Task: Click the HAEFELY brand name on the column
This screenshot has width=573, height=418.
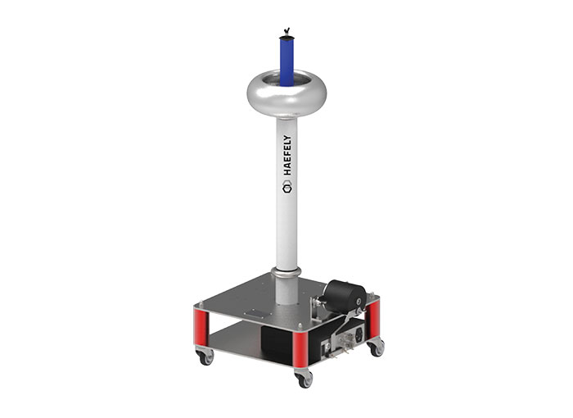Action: [287, 156]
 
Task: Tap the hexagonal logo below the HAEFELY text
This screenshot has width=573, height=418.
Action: [287, 189]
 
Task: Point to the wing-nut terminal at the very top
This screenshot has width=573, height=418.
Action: [286, 31]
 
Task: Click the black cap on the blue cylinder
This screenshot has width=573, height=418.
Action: [286, 38]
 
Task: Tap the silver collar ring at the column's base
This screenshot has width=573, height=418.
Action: [286, 273]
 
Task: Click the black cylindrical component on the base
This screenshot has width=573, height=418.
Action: [345, 297]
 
